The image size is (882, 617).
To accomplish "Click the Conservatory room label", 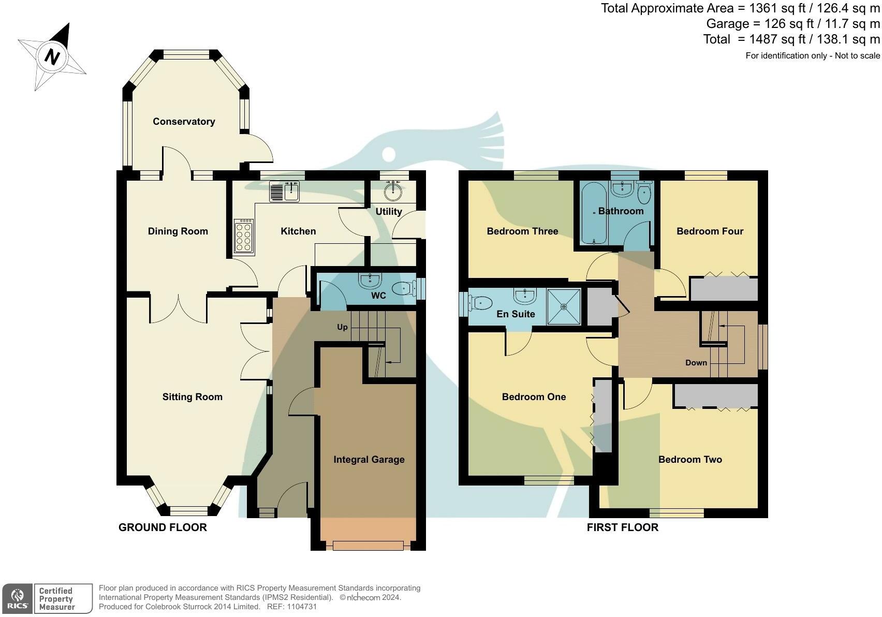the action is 184,122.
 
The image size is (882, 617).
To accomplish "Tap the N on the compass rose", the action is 52,57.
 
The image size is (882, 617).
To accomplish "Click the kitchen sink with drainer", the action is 285,191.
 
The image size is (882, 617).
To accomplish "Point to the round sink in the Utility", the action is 393,192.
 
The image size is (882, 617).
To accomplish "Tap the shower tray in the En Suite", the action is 564,307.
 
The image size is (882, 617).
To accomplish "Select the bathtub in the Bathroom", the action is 594,213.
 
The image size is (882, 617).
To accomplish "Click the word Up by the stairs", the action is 342,327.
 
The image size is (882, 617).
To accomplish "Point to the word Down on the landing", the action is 696,363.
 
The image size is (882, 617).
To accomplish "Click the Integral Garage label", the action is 369,460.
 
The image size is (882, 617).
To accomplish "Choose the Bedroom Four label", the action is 710,231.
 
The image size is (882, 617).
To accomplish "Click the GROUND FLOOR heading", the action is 163,527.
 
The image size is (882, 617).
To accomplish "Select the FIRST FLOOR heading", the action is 623,527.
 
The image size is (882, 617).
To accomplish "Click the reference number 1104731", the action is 301,607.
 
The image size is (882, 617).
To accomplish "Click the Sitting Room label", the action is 193,397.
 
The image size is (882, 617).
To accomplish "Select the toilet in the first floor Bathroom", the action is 644,192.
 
